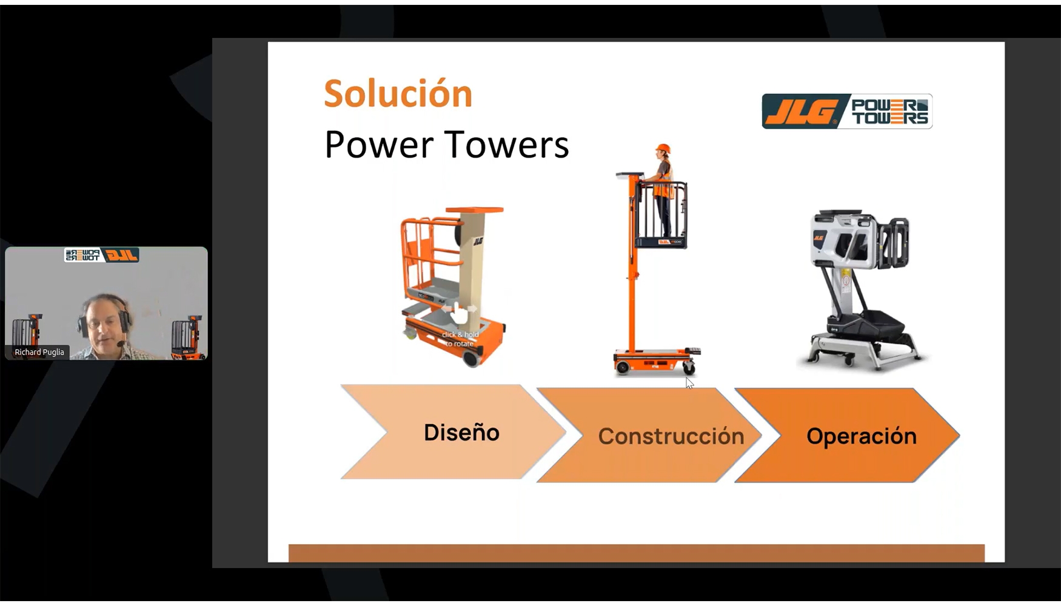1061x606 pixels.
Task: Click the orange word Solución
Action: point(398,94)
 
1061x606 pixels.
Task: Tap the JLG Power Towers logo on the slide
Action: point(846,111)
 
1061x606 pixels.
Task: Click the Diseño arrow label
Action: point(461,433)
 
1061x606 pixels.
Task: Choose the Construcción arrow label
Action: point(671,436)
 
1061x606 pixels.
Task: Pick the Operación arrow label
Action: point(861,436)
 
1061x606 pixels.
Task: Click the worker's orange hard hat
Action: point(663,148)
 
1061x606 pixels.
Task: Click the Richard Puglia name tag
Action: point(39,352)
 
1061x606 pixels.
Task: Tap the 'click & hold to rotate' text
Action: point(460,339)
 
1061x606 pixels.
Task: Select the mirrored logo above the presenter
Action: point(102,255)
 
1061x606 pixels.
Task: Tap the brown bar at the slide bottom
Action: point(636,553)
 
